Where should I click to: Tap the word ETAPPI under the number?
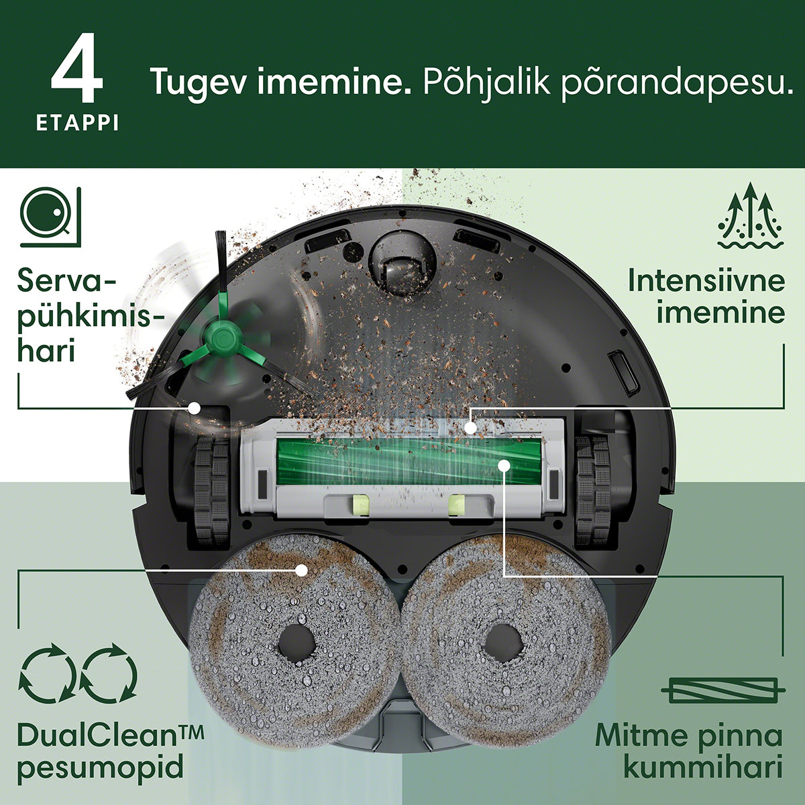(77, 123)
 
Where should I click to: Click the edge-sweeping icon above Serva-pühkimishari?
(50, 217)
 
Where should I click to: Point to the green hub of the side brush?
(223, 333)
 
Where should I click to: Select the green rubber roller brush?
(410, 462)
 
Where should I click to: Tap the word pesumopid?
(100, 767)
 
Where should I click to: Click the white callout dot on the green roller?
(504, 466)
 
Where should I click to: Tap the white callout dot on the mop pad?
(301, 570)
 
